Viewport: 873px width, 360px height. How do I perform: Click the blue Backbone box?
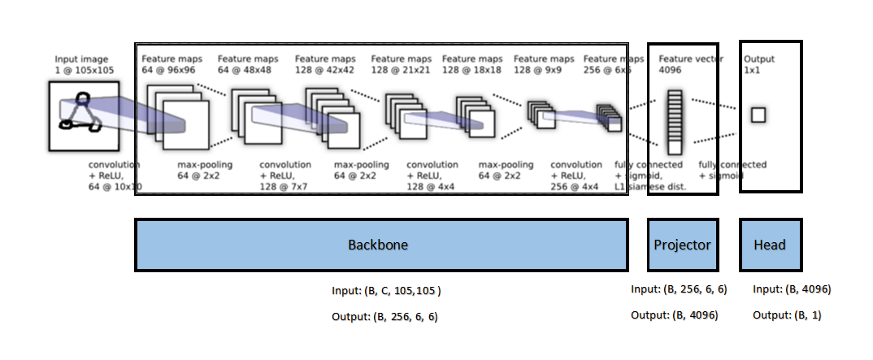380,245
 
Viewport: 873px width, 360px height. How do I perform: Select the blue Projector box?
683,245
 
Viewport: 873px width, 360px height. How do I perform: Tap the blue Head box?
770,245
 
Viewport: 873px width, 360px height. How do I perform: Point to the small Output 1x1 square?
758,115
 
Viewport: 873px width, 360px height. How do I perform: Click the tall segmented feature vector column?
673,122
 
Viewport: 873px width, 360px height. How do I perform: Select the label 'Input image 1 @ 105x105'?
85,65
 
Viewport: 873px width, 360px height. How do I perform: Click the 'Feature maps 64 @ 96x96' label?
170,64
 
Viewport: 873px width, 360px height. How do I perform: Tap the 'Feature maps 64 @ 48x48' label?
247,64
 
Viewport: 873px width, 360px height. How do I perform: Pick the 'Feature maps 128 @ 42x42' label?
325,64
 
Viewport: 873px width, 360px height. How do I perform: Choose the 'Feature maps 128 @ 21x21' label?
401,64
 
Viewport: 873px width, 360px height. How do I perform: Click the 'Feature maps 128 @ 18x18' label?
472,64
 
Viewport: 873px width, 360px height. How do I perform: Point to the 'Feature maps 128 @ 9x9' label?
543,64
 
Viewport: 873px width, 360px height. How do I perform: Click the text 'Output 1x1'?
759,64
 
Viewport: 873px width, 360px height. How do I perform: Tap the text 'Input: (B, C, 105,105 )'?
386,291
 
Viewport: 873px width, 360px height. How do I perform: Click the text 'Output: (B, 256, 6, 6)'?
384,317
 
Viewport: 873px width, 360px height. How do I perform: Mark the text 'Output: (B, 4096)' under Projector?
674,314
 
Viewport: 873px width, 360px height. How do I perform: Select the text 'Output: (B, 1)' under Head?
787,314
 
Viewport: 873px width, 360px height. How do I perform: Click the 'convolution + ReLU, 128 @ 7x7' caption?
285,176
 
